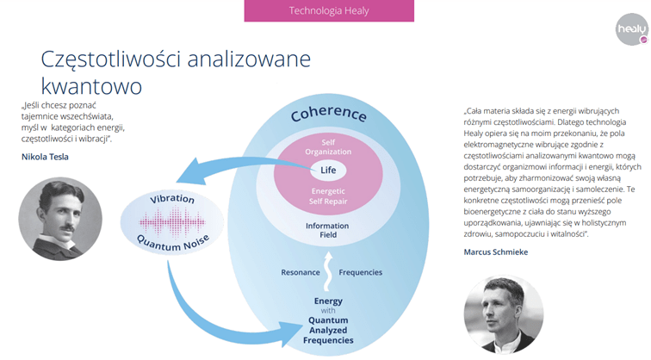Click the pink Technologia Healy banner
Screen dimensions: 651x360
[x=329, y=10]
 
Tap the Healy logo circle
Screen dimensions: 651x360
[x=632, y=29]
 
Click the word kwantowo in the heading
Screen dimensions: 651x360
[x=91, y=86]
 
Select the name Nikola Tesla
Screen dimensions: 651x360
[x=45, y=157]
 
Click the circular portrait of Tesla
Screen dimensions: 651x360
[x=60, y=219]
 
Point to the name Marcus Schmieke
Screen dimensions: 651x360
[x=496, y=252]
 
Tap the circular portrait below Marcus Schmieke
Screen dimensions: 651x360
[x=504, y=314]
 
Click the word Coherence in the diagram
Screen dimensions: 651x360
[x=328, y=113]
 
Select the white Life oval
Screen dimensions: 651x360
[x=328, y=171]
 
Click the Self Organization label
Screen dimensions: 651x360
[x=328, y=147]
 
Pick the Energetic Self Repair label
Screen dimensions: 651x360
[x=328, y=196]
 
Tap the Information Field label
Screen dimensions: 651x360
[x=327, y=231]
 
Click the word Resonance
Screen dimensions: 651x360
[x=301, y=272]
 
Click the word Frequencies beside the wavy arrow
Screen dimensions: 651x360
[x=360, y=272]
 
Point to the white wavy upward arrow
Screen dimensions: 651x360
[x=328, y=271]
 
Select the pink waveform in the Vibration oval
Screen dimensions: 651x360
[x=172, y=222]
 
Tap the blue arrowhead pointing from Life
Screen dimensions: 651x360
[x=193, y=171]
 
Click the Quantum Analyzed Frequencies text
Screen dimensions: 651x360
[x=328, y=331]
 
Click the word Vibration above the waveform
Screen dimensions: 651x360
[x=172, y=199]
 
